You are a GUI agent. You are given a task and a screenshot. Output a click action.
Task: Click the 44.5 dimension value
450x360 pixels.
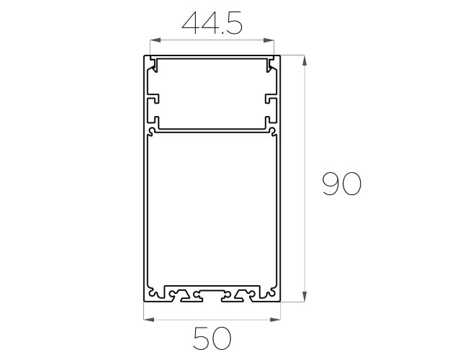pos(212,23)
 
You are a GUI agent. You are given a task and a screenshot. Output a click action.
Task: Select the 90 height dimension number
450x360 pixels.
pos(341,184)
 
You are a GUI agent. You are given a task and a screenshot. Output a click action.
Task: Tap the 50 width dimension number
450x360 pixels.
pos(212,338)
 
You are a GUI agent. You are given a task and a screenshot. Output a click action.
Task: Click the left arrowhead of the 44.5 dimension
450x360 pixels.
pos(155,40)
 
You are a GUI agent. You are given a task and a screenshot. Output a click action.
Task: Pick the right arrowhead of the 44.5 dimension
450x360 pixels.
pos(269,40)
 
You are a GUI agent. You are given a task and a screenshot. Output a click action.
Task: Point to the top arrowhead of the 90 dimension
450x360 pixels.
pos(305,60)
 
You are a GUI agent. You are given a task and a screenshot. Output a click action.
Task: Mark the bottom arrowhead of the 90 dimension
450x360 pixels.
pos(305,296)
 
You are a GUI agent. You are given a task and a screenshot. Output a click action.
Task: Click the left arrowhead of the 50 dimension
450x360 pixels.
pos(148,320)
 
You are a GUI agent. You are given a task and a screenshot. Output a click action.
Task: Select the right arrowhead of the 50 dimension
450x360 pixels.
pos(275,320)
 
